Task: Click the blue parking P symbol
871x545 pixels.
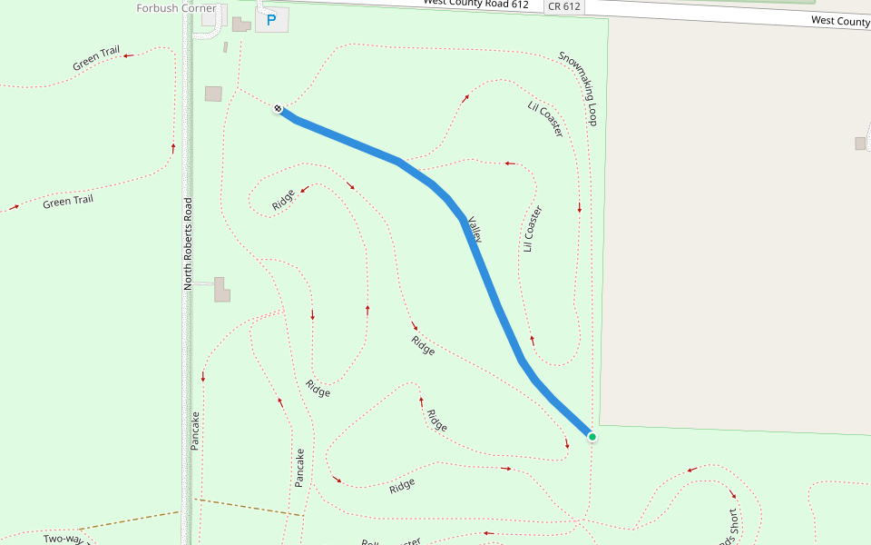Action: pos(270,19)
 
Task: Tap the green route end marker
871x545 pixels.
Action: pos(592,437)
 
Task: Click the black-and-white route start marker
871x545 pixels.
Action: pos(278,109)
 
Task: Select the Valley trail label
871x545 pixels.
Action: pos(474,230)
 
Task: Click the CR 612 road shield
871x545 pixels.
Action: pos(563,6)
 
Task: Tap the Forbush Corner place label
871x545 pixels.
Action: pos(176,8)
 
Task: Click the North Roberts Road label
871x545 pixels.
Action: pos(189,243)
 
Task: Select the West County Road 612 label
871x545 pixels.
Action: pos(488,4)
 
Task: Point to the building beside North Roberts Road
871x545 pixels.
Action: pos(222,290)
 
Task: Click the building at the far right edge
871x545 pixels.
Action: pos(860,144)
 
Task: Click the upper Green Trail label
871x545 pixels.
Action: pos(96,58)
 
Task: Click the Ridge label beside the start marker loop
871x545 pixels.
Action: pos(284,199)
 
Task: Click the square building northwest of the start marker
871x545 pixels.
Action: pos(213,94)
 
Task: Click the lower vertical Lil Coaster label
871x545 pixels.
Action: pos(533,229)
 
